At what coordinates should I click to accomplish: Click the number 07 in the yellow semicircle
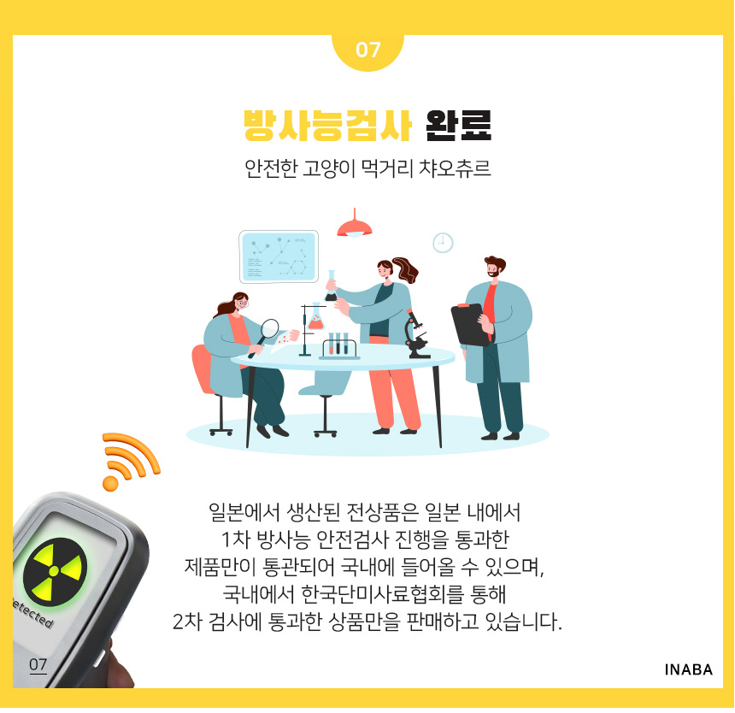pos(367,50)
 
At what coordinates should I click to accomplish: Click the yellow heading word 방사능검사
pos(327,125)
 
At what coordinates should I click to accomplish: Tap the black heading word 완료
pos(458,125)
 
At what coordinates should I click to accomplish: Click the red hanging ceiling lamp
pos(355,227)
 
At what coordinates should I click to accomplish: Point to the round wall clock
pos(443,243)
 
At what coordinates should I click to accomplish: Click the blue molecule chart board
pos(279,256)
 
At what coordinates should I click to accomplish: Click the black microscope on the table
pos(417,335)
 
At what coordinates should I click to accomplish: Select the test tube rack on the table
pos(339,346)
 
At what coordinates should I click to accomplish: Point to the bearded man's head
pos(494,267)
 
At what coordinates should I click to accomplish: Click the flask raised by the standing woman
pos(331,286)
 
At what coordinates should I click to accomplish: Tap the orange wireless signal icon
pos(130,462)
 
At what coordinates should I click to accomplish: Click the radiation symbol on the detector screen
pos(55,571)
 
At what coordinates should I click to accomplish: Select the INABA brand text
pos(688,669)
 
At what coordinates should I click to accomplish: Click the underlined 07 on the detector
pos(38,664)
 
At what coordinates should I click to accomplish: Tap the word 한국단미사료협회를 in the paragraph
pos(383,594)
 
